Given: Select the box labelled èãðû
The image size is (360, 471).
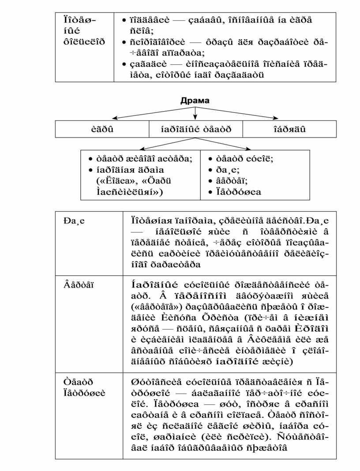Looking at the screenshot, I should [102, 129].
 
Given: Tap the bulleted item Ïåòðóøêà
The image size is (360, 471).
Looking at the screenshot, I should [238, 191].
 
